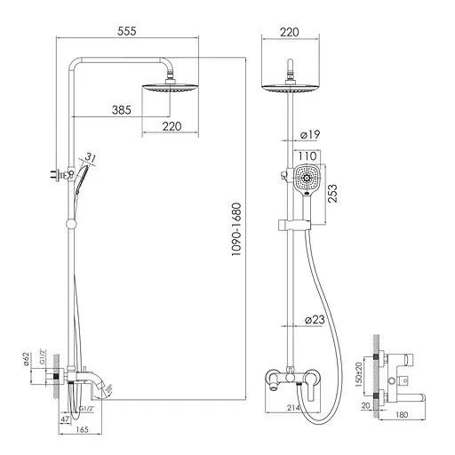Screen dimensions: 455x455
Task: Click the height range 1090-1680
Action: click(236, 228)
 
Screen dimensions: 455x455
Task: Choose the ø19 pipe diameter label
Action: click(309, 134)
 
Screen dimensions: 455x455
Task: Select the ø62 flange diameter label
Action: click(28, 359)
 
